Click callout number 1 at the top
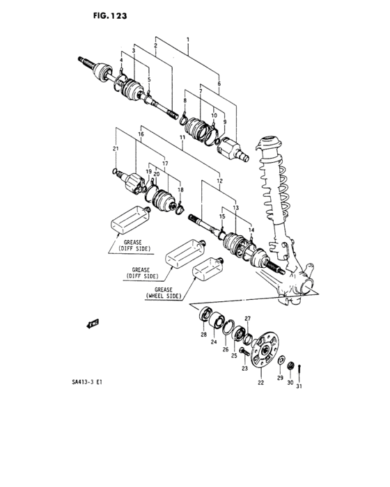187,32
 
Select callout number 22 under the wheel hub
260,382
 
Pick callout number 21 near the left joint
115,149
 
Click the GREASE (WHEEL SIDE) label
164,292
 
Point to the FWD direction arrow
92,323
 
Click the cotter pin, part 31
299,371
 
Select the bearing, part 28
207,314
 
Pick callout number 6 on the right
219,82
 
